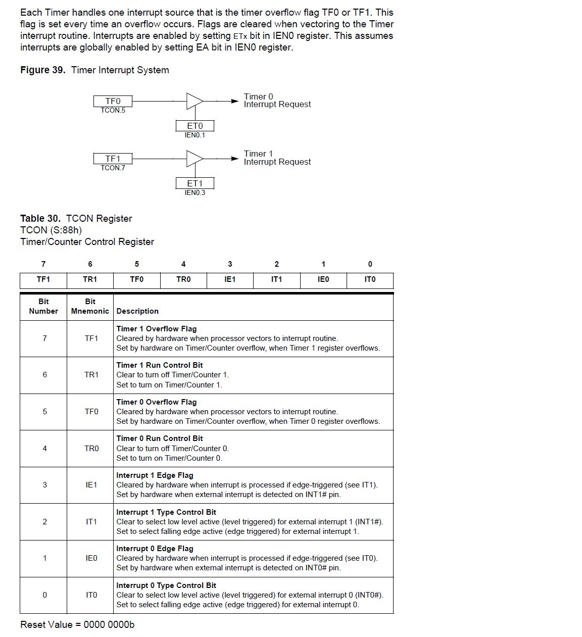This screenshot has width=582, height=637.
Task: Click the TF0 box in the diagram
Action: [113, 101]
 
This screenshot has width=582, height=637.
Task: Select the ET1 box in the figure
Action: [195, 183]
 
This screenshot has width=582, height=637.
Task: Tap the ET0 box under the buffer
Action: [195, 126]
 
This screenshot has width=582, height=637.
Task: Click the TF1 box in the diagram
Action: [113, 159]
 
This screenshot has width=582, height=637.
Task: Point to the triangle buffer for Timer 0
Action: [194, 101]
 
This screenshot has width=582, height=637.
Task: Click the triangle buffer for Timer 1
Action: [194, 159]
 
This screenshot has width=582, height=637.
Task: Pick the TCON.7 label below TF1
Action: [113, 168]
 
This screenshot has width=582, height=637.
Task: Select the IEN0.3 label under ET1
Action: [195, 192]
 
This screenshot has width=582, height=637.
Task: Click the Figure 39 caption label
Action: [43, 70]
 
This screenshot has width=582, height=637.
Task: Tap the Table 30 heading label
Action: [40, 218]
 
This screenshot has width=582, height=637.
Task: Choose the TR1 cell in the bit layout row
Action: [90, 279]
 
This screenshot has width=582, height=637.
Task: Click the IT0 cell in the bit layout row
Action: [370, 279]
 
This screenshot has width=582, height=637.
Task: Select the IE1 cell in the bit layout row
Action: [230, 279]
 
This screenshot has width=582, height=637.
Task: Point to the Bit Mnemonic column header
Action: [90, 306]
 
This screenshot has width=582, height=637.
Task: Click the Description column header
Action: [137, 311]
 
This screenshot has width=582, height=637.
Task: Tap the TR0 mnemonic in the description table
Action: [91, 449]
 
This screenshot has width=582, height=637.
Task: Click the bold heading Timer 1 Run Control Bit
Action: [160, 365]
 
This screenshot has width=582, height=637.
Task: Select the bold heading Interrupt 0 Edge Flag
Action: [155, 549]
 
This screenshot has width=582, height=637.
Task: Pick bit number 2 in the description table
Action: [44, 522]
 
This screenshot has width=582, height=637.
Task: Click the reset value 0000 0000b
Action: [109, 625]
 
